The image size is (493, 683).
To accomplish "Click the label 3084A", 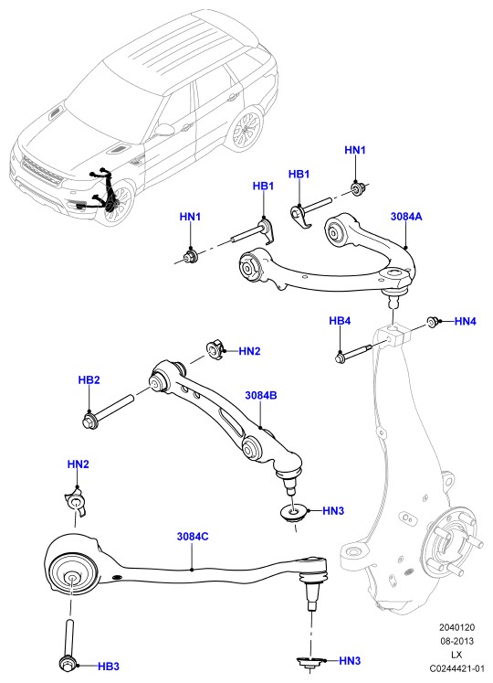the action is coord(406,216).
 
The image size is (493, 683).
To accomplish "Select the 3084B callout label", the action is coord(261,396).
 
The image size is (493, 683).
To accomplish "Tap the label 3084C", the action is coord(193,536).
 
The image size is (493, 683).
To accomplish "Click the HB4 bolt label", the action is coord(340,321).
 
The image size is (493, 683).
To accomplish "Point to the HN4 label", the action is coord(465,322).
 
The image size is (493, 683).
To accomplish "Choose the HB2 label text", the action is coord(89,379).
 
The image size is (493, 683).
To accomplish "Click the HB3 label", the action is coord(109,666).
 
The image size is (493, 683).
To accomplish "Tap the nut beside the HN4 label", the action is coord(433,322).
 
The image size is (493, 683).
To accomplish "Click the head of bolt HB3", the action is coord(67,664).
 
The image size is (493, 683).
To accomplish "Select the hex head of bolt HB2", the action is coord(89,421).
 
